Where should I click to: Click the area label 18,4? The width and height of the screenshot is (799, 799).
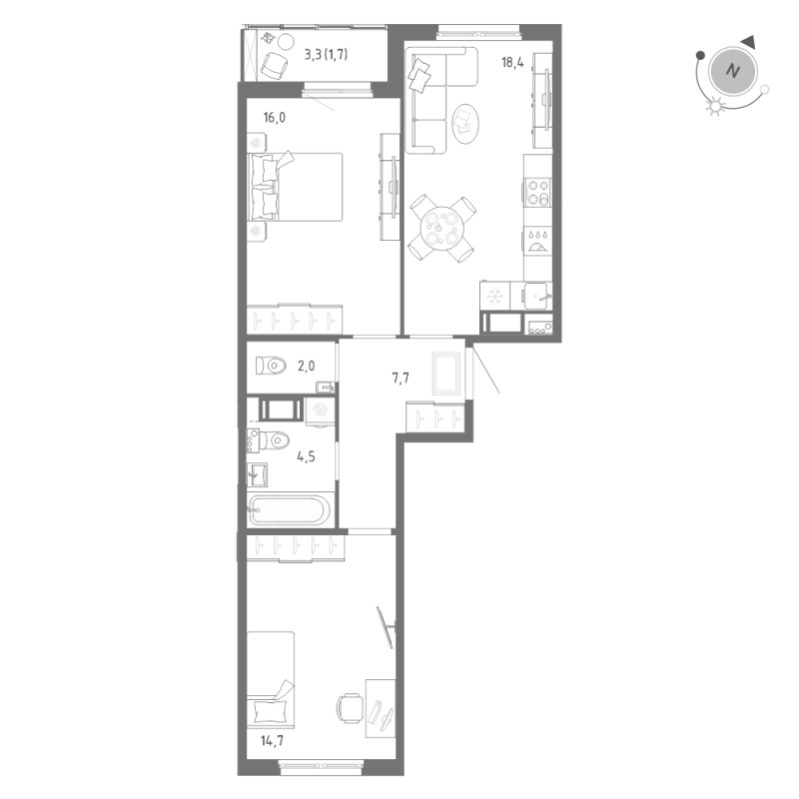coord(512,62)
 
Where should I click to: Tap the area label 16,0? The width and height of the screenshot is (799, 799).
coord(275,117)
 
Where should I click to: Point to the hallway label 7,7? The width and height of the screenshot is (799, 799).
coord(399,379)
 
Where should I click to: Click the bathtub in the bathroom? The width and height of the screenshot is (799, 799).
coord(289,510)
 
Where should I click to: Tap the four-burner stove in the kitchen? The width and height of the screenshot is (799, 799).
coord(538,190)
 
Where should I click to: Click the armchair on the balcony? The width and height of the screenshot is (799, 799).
coord(273,63)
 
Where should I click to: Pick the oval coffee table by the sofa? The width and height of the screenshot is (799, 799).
coord(465,122)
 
